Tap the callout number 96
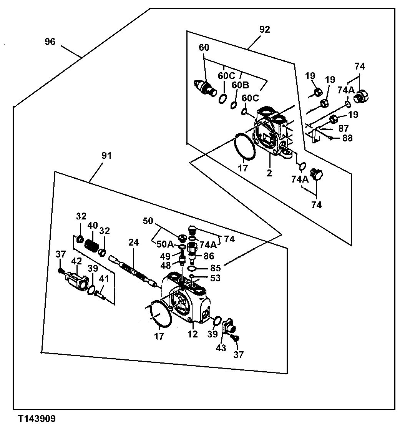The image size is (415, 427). pyautogui.click(x=50, y=42)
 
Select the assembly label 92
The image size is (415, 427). pyautogui.click(x=265, y=30)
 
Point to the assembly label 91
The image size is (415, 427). pyautogui.click(x=106, y=156)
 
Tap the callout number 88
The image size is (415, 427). pyautogui.click(x=347, y=138)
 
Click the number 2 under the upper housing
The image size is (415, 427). pyautogui.click(x=269, y=173)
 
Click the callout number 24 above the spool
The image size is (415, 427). pyautogui.click(x=133, y=242)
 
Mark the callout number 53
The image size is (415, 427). pyautogui.click(x=216, y=277)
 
